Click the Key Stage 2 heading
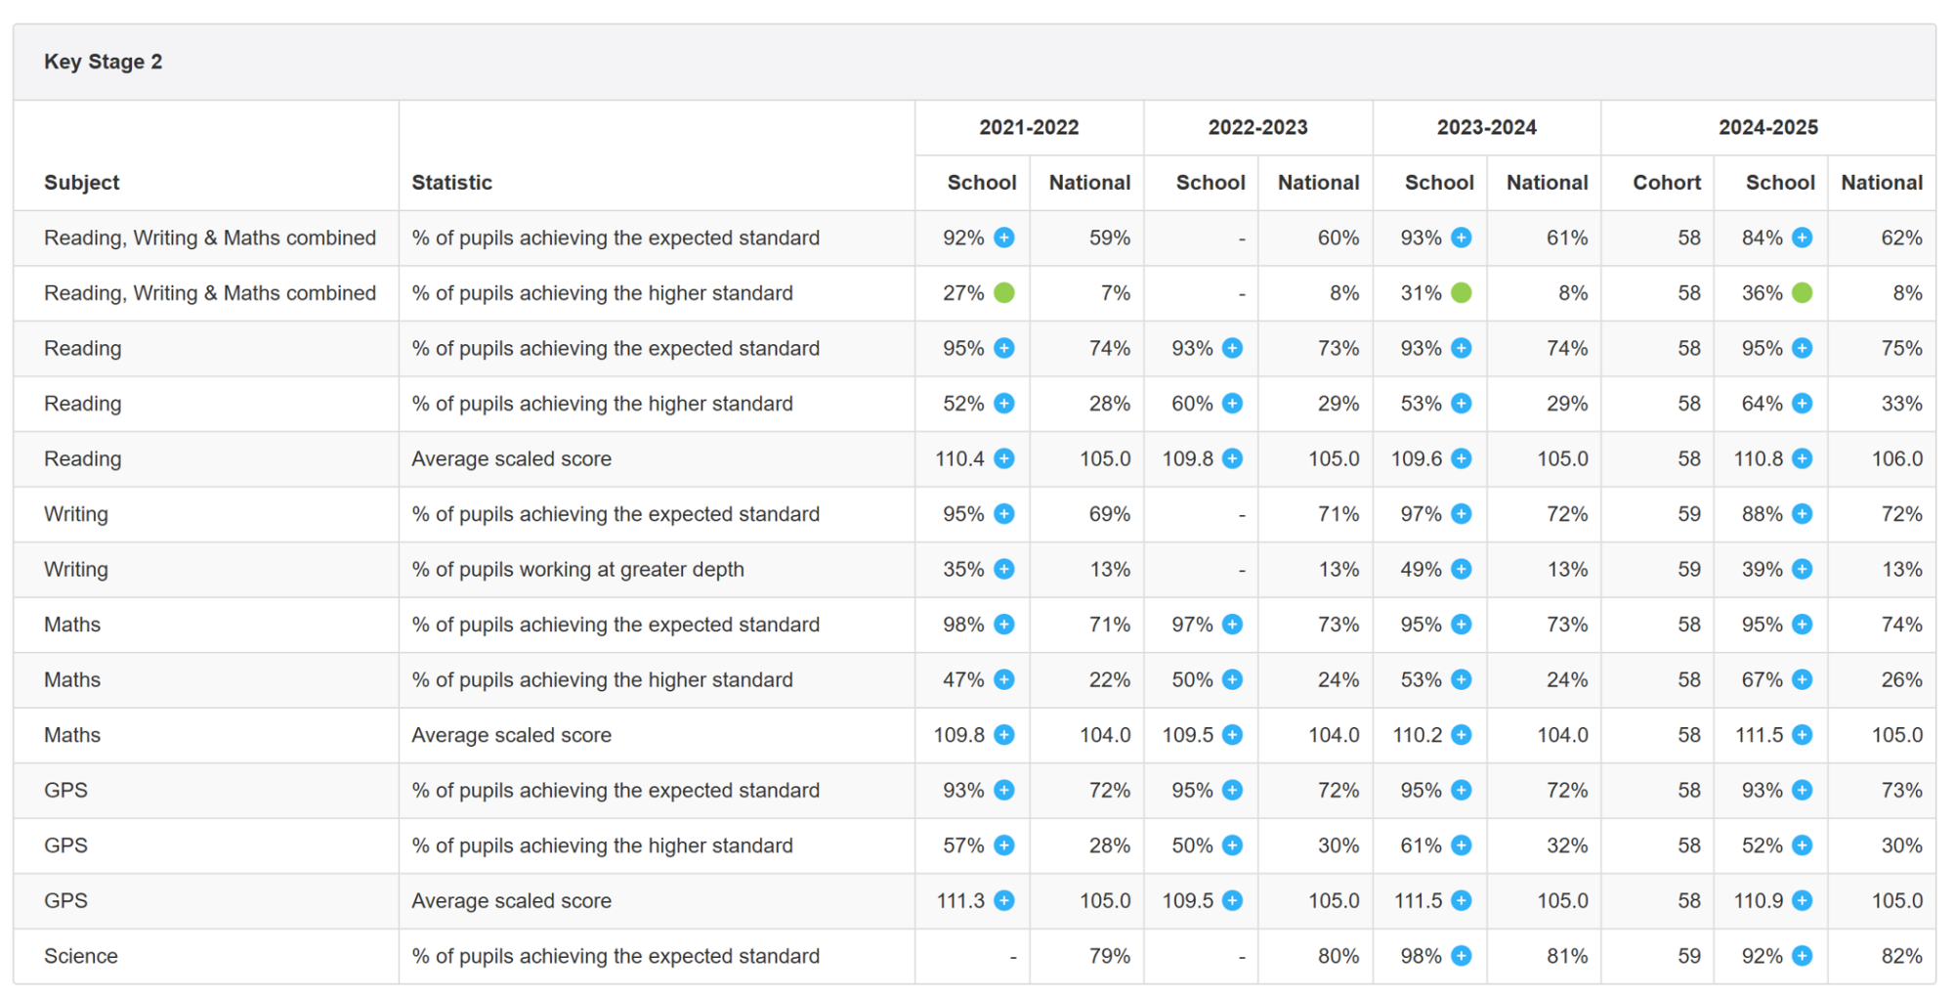[103, 62]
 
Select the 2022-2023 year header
[1257, 127]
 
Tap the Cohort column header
[1667, 183]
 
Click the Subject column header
[82, 183]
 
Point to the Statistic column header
[451, 183]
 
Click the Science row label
[81, 956]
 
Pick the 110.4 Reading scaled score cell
[959, 458]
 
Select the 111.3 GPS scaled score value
[960, 900]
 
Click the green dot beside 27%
[1004, 292]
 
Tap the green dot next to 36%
[1803, 292]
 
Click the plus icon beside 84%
[1803, 238]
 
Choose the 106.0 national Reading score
[1897, 458]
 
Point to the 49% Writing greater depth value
[1422, 569]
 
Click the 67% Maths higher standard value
[1763, 679]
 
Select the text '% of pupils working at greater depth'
[577, 569]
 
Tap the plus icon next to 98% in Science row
[1462, 956]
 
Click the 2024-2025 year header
[1768, 127]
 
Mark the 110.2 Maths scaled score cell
[1418, 735]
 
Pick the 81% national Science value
[1567, 956]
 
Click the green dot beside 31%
[1462, 292]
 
